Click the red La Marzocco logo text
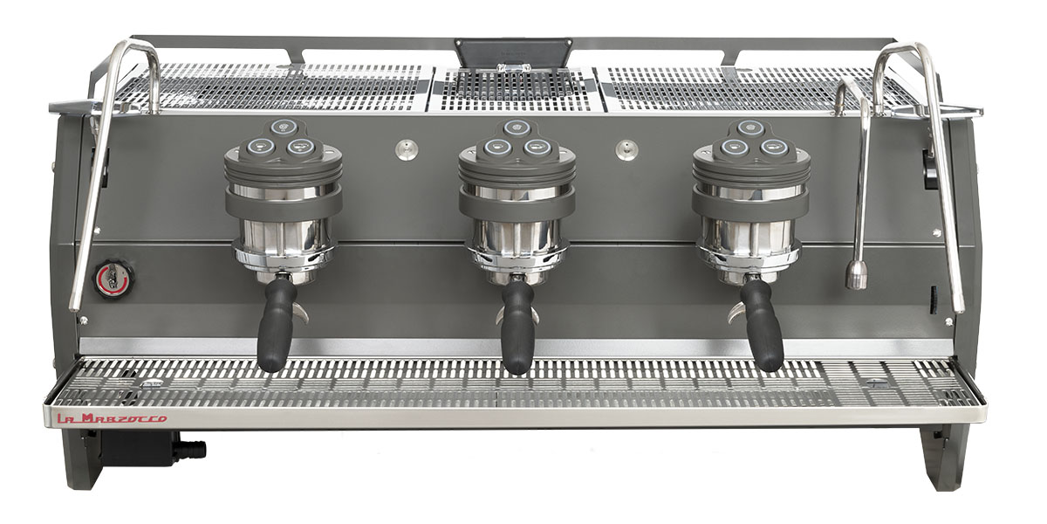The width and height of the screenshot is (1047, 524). pyautogui.click(x=112, y=418)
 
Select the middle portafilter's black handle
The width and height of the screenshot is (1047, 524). pyautogui.click(x=517, y=327)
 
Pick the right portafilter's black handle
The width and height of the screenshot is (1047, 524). pyautogui.click(x=763, y=325)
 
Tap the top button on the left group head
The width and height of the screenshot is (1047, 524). pyautogui.click(x=283, y=126)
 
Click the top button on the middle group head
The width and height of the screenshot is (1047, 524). pyautogui.click(x=516, y=127)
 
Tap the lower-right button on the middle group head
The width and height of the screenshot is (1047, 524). pyautogui.click(x=535, y=148)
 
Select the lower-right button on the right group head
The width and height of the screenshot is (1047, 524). pyautogui.click(x=770, y=148)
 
